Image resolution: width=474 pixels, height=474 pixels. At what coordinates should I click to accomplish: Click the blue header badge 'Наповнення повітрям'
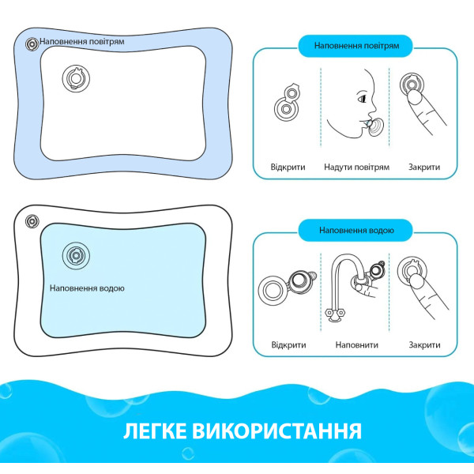tap(355, 46)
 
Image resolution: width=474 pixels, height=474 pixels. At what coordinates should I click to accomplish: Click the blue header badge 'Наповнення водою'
tap(355, 231)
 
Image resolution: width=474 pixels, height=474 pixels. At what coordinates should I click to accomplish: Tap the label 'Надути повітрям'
tap(357, 167)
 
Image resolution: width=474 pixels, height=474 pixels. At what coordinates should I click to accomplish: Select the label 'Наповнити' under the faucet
tap(357, 345)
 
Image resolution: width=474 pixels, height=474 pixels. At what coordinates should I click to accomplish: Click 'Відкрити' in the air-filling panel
tap(288, 167)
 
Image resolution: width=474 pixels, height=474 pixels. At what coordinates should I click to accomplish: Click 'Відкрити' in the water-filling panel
tap(288, 345)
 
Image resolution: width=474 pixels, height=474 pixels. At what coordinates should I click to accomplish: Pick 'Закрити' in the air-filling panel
tap(424, 167)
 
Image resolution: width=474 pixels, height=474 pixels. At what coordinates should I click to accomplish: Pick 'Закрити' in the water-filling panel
tap(424, 345)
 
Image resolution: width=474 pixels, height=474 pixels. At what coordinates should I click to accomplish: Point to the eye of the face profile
tap(362, 98)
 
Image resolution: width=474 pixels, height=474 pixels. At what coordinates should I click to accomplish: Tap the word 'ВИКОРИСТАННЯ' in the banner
tap(277, 431)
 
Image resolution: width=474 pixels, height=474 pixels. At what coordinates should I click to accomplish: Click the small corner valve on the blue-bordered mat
tap(32, 44)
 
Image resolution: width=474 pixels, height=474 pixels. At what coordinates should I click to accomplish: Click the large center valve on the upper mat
tap(76, 78)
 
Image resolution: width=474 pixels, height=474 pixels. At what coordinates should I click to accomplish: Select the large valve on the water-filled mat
tap(76, 256)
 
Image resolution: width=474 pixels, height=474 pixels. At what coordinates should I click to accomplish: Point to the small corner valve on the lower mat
tap(32, 221)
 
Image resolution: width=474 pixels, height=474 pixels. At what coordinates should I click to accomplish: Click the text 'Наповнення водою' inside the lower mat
tap(87, 288)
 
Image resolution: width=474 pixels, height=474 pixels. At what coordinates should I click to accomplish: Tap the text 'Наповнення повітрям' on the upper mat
tap(82, 41)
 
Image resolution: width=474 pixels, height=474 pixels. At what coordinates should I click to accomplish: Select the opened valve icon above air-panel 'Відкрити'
tap(288, 102)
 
